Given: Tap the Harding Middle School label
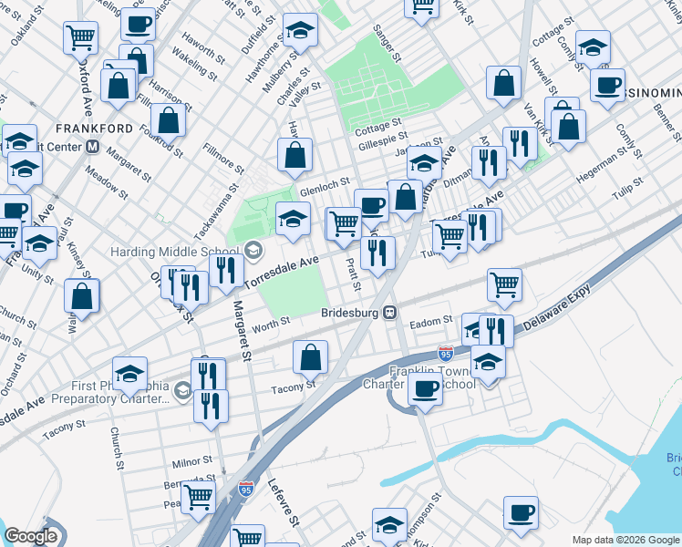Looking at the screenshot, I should pos(176,251).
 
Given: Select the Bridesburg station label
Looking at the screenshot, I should pos(350,313).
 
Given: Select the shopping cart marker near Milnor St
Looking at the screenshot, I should pos(198,497).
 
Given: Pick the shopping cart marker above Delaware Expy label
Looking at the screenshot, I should pos(504,284).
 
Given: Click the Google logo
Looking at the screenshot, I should pos(30,537).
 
